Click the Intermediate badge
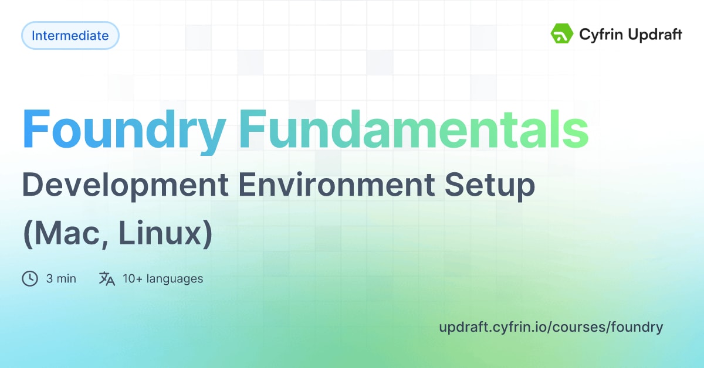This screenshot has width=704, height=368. [x=70, y=36]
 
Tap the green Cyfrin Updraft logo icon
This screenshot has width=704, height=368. [x=561, y=34]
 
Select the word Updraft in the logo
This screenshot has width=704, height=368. [x=653, y=35]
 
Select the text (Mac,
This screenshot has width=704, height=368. [x=64, y=234]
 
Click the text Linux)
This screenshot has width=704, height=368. [x=164, y=234]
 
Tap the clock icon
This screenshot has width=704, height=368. [x=30, y=278]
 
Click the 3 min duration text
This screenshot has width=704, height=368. [x=61, y=279]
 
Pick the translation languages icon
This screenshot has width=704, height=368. [x=107, y=278]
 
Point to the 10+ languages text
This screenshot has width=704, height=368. [x=163, y=279]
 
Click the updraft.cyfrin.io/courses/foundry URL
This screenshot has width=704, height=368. [x=550, y=327]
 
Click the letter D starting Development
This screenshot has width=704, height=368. [x=33, y=186]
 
